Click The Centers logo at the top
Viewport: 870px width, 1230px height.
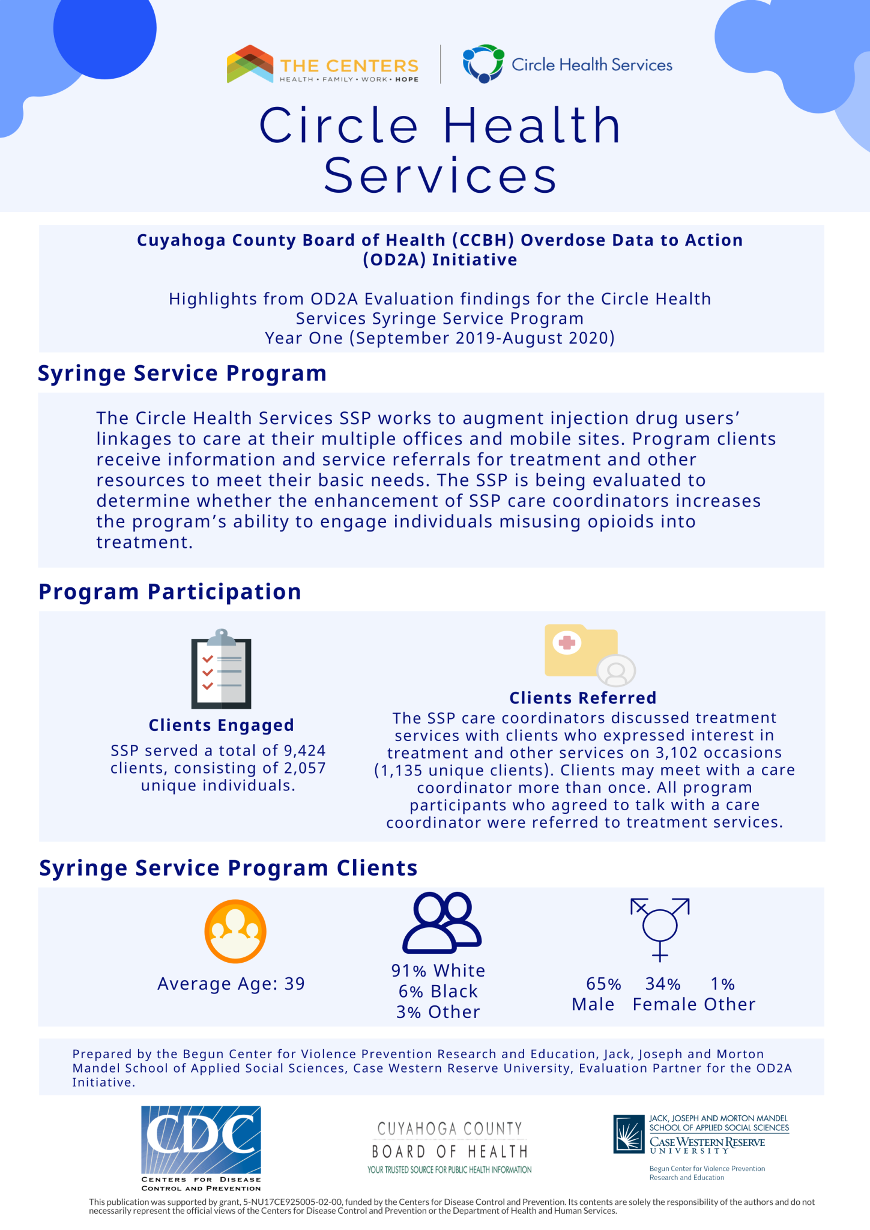(322, 64)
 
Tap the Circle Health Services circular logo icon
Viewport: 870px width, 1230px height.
(483, 64)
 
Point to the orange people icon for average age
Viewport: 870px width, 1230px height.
(235, 932)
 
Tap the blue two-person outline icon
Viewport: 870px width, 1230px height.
(442, 922)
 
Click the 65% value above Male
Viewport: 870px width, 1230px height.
(603, 984)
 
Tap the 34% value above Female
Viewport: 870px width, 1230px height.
(663, 984)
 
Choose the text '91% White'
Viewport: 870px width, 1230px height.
(438, 971)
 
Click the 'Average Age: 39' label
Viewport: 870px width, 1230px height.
(231, 984)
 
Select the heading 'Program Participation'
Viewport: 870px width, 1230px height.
(170, 592)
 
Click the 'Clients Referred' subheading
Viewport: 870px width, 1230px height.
(582, 698)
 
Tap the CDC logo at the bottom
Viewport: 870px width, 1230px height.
(201, 1148)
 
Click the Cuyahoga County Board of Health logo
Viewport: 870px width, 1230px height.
(450, 1147)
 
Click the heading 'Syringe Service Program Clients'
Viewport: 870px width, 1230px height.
(228, 868)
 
